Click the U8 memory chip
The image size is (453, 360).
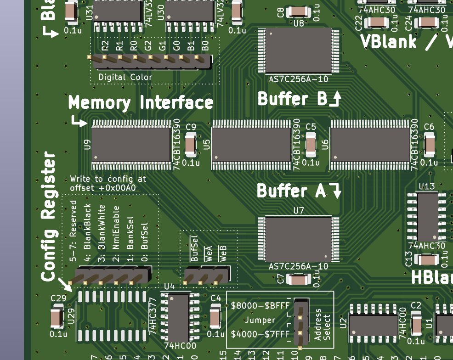point(299,51)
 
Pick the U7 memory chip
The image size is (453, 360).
point(299,239)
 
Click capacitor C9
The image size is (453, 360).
point(191,145)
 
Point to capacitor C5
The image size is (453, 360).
point(311,145)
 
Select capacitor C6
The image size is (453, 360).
point(430,145)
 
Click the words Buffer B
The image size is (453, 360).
point(292,99)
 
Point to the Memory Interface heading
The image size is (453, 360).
point(141,102)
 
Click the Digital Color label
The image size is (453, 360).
point(125,77)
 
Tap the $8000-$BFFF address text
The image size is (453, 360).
point(260,305)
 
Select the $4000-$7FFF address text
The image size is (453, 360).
point(260,334)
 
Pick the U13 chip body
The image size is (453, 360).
point(427,216)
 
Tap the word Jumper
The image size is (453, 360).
point(260,320)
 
